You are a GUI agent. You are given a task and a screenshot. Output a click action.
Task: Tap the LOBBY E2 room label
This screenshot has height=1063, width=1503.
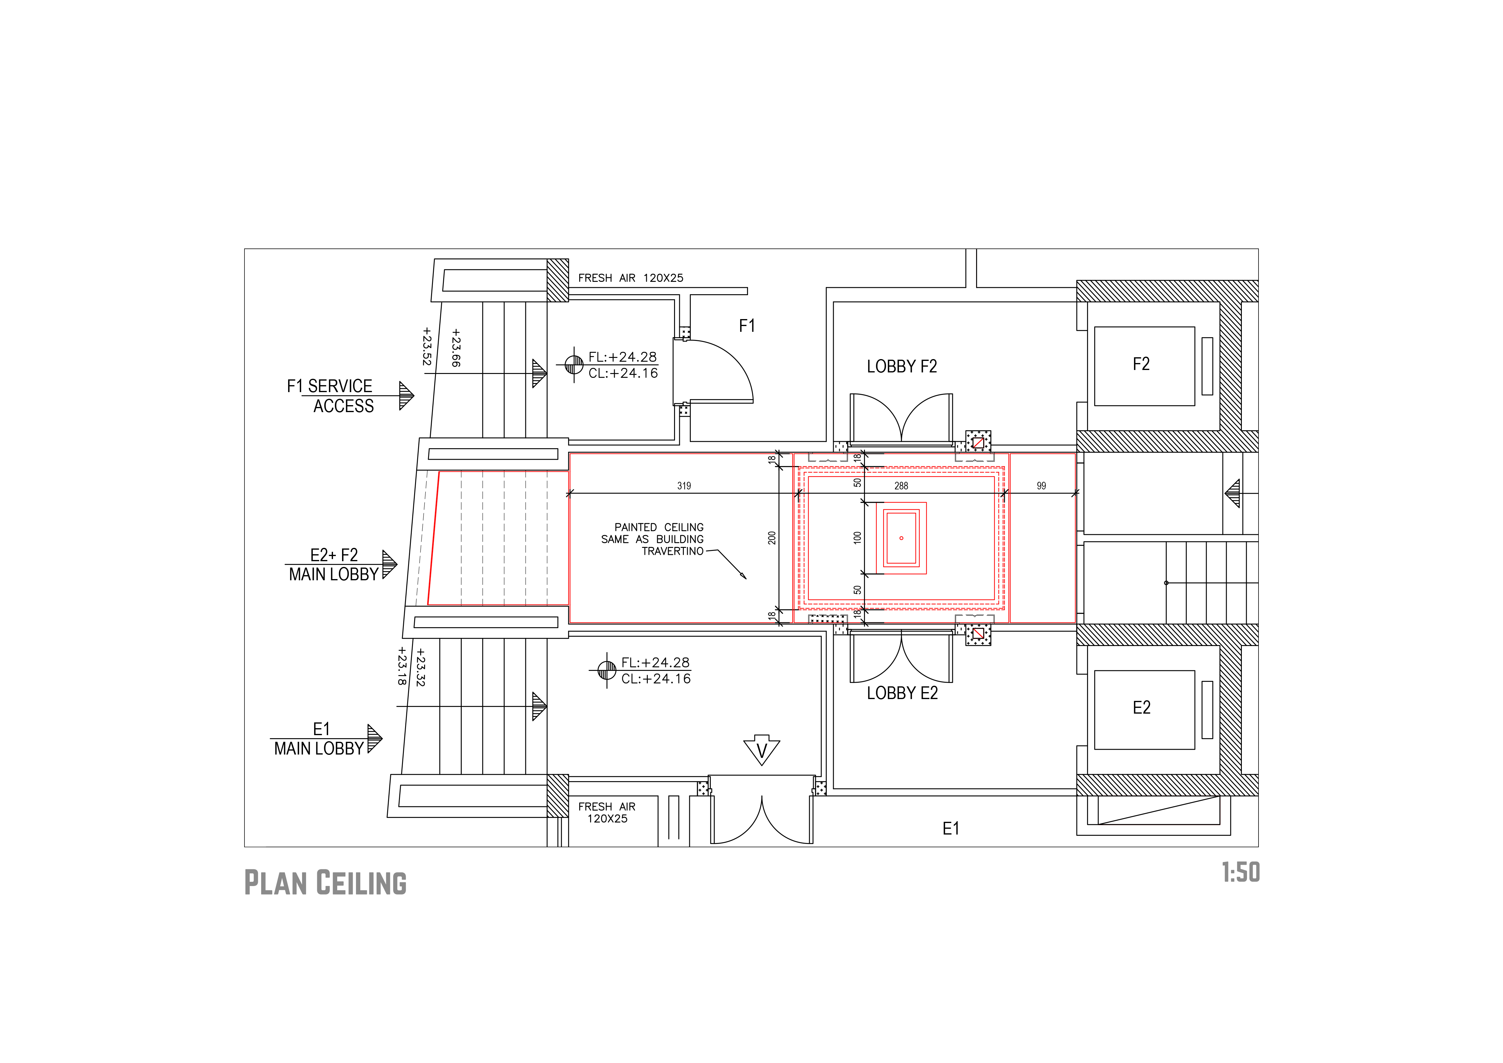pos(902,693)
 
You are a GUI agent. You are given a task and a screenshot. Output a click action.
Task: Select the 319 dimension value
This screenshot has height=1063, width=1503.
pos(684,486)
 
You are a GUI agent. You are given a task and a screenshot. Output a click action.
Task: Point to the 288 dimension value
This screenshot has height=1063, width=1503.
pos(901,486)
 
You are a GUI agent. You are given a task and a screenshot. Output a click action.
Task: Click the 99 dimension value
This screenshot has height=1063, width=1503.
pos(1042,486)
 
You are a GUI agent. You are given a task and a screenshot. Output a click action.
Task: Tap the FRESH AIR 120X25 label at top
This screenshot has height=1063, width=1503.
pos(630,278)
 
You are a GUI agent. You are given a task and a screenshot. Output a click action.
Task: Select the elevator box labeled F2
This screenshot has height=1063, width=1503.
pos(1144,367)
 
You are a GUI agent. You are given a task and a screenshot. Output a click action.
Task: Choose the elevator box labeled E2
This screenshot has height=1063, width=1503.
pos(1144,710)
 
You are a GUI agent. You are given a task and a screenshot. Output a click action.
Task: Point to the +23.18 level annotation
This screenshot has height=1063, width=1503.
pos(402,666)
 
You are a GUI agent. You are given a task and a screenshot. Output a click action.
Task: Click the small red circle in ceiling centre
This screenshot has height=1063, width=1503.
pos(901,538)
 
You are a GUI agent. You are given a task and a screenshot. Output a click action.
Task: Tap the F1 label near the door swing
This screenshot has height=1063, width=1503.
pos(747,326)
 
